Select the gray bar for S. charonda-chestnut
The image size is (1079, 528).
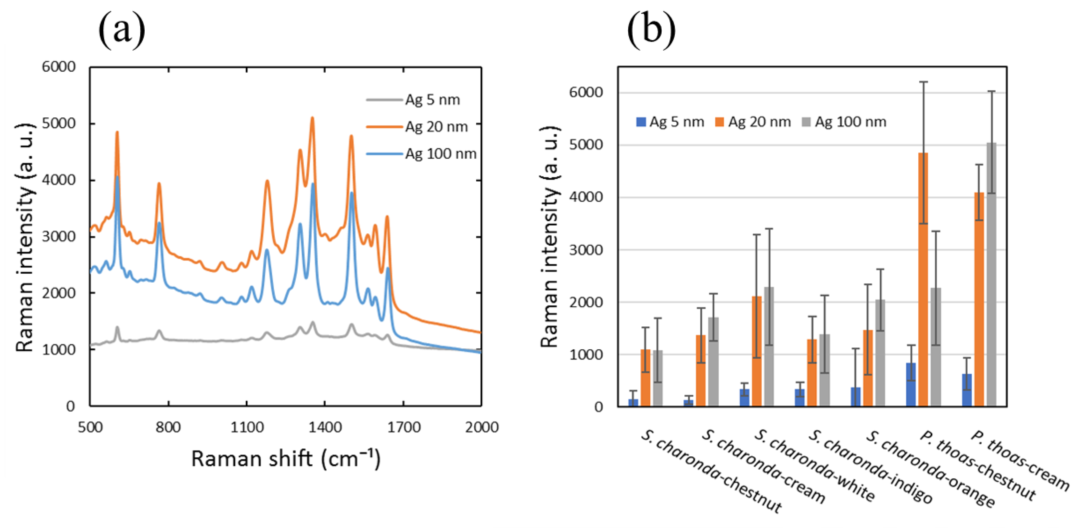(658, 379)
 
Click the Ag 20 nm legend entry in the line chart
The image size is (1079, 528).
(436, 127)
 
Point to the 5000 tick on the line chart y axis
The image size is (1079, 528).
(59, 123)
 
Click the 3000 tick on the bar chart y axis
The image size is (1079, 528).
(586, 250)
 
